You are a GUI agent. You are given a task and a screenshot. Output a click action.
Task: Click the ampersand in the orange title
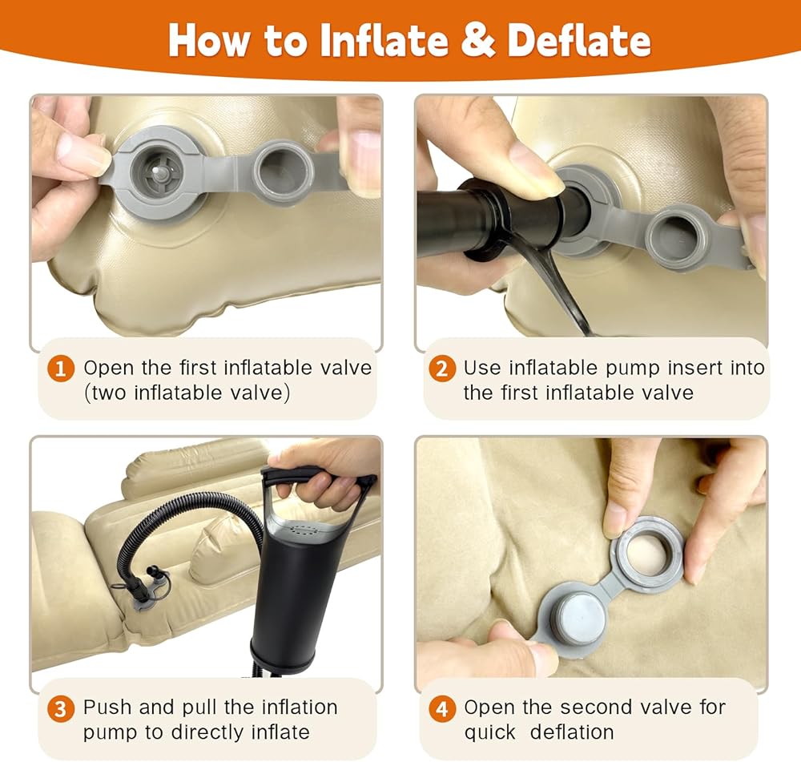(478, 40)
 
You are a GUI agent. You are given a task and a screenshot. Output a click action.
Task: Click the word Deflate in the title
(579, 40)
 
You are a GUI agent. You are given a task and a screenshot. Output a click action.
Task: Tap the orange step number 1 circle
(61, 368)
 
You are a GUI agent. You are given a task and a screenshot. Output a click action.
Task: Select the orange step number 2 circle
(442, 368)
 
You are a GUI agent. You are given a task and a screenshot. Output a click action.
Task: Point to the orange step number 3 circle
(60, 709)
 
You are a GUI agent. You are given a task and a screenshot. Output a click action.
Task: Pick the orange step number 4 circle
(442, 709)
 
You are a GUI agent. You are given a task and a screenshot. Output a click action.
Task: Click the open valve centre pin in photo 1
(160, 174)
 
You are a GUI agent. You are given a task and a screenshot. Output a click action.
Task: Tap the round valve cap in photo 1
(283, 173)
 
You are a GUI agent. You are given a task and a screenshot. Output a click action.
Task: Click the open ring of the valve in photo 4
(648, 552)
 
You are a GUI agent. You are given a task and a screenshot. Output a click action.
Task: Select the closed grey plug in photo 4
(580, 619)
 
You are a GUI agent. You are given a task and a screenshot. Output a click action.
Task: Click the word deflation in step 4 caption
(572, 732)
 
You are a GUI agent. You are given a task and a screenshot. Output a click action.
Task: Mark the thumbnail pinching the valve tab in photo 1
(78, 155)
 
